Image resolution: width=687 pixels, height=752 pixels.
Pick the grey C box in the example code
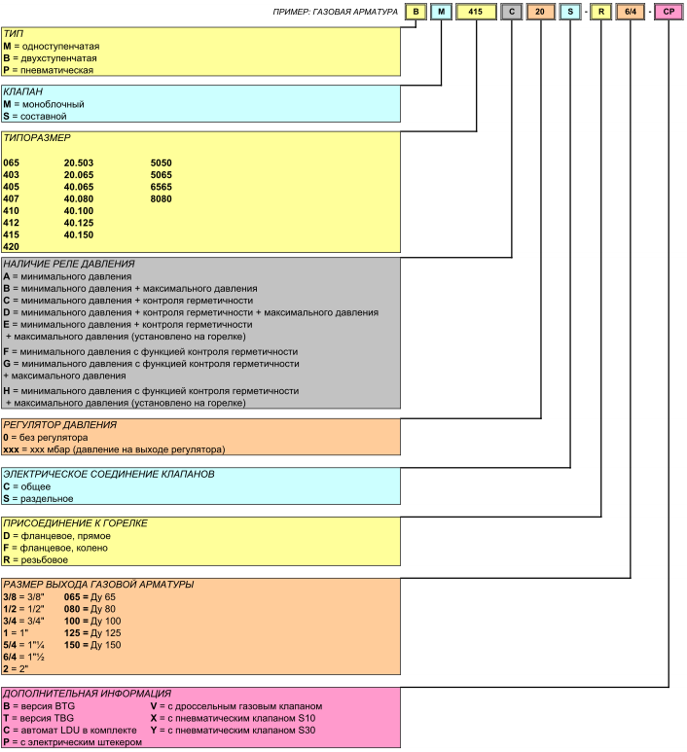(512, 12)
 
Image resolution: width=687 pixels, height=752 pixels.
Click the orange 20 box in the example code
(540, 12)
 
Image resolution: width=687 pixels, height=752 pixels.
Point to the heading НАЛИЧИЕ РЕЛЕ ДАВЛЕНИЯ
(68, 264)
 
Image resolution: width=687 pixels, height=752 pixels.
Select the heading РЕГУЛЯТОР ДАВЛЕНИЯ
(60, 425)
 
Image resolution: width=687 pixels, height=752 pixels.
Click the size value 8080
(162, 198)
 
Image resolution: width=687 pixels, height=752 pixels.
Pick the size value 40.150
(79, 234)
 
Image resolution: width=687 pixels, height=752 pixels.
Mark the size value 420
(11, 247)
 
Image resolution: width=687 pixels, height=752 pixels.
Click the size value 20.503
(79, 162)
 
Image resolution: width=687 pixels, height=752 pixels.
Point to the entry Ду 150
(105, 645)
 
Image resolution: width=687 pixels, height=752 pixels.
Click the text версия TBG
(49, 718)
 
